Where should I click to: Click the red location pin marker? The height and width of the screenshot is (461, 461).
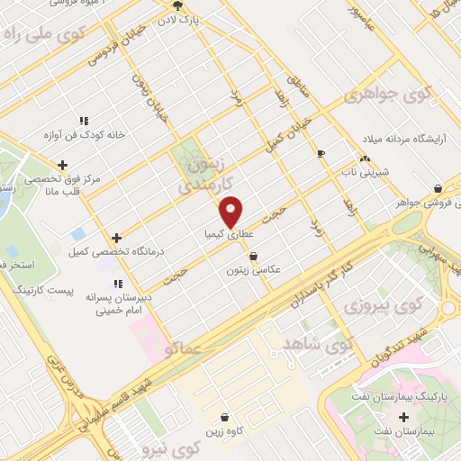coord(232,212)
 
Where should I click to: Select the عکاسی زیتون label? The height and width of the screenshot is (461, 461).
coord(255,269)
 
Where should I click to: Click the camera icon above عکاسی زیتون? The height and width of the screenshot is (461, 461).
coord(254,256)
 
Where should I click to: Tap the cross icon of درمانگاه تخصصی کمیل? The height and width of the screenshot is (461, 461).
coord(116,237)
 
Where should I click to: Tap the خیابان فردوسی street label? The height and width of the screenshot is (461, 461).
coord(113,51)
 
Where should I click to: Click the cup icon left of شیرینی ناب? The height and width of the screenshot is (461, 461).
coord(321,154)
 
